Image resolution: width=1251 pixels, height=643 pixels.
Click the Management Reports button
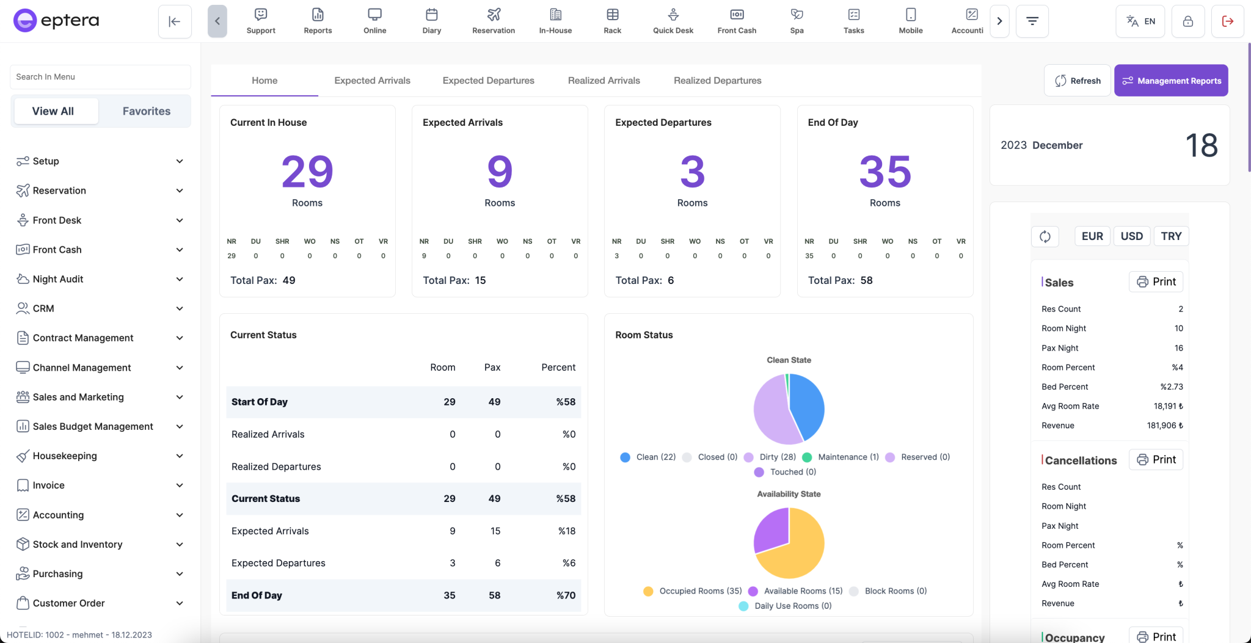(1171, 81)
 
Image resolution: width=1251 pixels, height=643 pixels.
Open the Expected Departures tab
(488, 81)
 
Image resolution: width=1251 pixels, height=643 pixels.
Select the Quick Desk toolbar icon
(673, 21)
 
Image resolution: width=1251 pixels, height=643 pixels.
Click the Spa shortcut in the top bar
(797, 21)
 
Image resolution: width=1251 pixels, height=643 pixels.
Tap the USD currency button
(1131, 236)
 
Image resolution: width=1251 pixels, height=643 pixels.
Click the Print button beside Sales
(1156, 282)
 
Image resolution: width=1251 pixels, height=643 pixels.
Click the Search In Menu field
(100, 77)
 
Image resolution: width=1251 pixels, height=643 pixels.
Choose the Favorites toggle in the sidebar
(146, 111)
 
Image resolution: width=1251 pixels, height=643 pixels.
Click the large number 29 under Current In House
(307, 172)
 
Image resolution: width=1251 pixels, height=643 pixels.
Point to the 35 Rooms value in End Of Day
(884, 172)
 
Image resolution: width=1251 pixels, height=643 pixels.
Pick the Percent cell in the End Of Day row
(566, 595)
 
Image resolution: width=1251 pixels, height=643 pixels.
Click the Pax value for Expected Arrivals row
(495, 531)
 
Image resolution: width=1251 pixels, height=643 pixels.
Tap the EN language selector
(1140, 21)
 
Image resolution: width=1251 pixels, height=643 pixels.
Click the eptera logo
(56, 21)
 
